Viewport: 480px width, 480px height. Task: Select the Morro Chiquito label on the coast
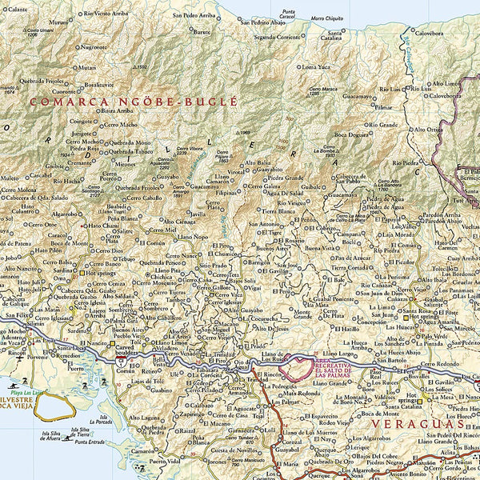(328, 18)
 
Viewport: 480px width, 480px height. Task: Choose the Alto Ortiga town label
(427, 129)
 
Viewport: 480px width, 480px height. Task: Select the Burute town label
(202, 32)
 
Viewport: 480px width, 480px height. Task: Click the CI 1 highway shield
(118, 362)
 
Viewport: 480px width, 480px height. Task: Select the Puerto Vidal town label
(163, 462)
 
